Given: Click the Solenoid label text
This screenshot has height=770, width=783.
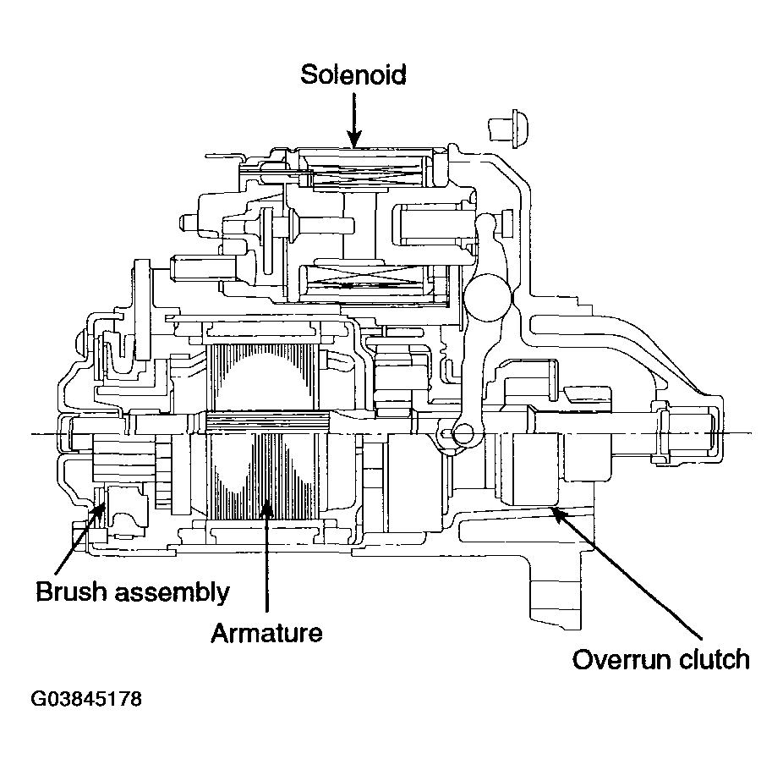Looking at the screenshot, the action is pyautogui.click(x=353, y=74).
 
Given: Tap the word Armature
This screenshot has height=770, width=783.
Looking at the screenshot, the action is pyautogui.click(x=266, y=633).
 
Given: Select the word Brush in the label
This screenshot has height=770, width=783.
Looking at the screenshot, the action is pyautogui.click(x=71, y=591).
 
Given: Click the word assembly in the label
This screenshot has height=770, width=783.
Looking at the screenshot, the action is pyautogui.click(x=172, y=593).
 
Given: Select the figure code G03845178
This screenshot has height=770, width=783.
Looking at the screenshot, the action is pyautogui.click(x=86, y=699).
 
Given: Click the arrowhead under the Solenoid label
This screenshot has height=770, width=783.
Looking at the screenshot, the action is pyautogui.click(x=354, y=139).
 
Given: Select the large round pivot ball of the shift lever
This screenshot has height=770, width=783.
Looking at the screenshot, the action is pyautogui.click(x=487, y=297).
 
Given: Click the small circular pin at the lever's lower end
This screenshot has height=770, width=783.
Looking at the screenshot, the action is pyautogui.click(x=463, y=434).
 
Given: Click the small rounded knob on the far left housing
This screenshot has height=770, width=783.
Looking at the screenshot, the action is pyautogui.click(x=80, y=344).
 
